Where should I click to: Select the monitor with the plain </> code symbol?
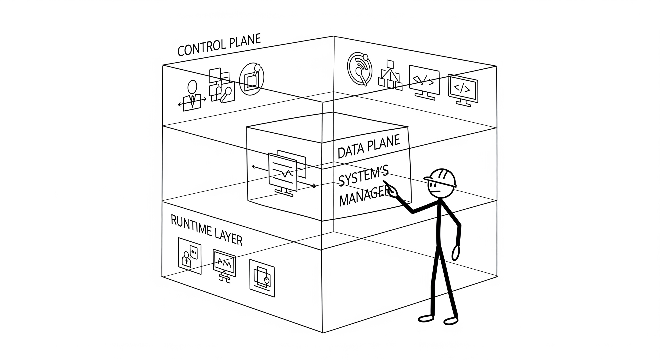463,90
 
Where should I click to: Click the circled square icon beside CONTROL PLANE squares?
251,79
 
